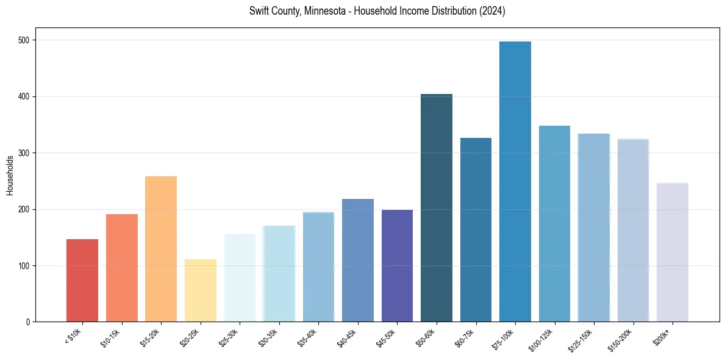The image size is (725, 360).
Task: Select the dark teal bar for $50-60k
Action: coord(437,207)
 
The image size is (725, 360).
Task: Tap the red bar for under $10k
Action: coord(82,280)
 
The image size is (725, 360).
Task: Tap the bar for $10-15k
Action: coord(122,268)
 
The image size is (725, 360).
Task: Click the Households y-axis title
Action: coord(10,175)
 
